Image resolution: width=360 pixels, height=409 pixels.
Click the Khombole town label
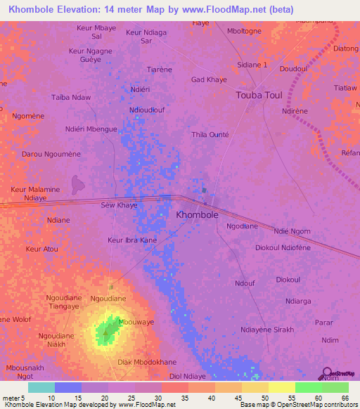(x=196, y=215)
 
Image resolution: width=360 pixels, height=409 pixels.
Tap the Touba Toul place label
(x=259, y=95)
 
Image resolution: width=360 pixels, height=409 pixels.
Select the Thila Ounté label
(x=210, y=134)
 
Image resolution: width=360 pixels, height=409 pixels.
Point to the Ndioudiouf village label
(x=146, y=110)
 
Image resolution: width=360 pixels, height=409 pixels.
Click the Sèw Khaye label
(x=120, y=205)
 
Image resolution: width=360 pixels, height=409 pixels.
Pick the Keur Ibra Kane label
(x=132, y=240)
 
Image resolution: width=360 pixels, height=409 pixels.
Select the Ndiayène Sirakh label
(x=266, y=330)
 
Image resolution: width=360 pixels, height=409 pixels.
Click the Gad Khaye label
(x=209, y=79)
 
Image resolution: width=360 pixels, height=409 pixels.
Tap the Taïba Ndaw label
(x=71, y=97)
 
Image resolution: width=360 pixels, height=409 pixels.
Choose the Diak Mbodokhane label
(x=146, y=362)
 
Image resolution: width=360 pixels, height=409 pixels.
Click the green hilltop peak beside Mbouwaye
(x=108, y=329)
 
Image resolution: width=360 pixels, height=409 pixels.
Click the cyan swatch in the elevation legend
(x=41, y=387)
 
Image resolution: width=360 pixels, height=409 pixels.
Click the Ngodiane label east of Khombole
(x=242, y=226)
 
